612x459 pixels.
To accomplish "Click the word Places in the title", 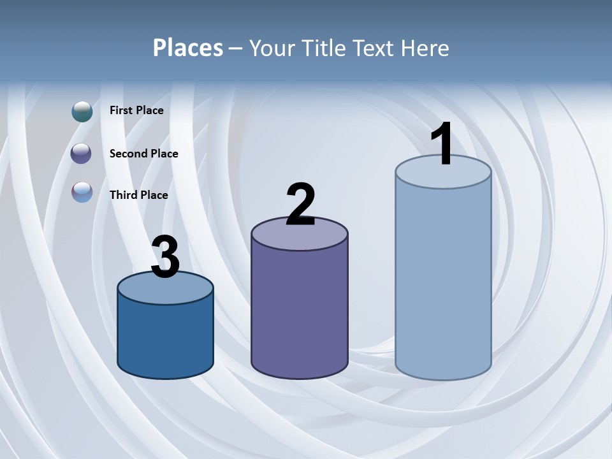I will (x=188, y=48).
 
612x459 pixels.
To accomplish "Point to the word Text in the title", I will (x=376, y=48).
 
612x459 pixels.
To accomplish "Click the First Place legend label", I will (x=136, y=110).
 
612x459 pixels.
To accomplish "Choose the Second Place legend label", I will (x=143, y=154).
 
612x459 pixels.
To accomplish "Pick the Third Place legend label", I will (x=138, y=195).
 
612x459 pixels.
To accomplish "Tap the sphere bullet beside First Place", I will (x=82, y=112).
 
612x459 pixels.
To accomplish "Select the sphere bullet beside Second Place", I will (x=82, y=154).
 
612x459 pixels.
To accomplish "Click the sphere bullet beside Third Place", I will (x=82, y=192).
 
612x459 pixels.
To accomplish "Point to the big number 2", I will (x=300, y=205).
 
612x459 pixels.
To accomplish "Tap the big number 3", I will (x=165, y=258).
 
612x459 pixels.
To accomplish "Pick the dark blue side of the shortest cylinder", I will (x=165, y=338).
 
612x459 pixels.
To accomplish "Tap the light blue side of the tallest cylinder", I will (x=443, y=280).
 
